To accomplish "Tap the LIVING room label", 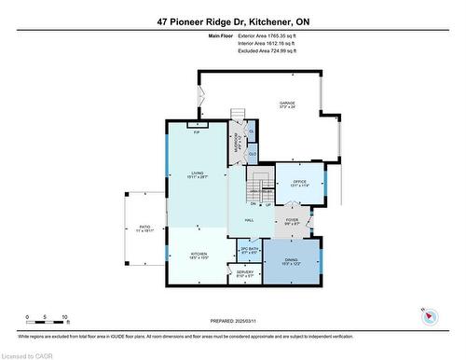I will [x=197, y=173].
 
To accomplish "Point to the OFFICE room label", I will [x=299, y=181].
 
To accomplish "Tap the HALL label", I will [x=250, y=220].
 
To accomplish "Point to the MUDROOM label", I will [x=237, y=145].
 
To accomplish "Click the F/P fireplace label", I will [x=197, y=132].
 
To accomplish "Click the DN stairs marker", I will [x=240, y=205].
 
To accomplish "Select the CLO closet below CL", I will [x=253, y=154].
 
